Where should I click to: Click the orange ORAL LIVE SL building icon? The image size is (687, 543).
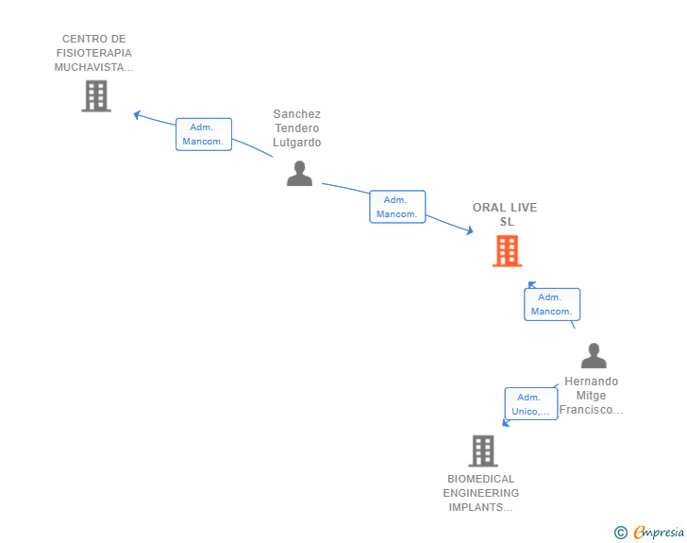pos(507,251)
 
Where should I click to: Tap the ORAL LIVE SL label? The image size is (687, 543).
pos(505,214)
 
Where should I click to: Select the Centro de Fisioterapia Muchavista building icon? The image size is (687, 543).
pos(96,96)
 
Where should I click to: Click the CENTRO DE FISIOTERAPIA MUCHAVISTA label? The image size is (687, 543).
pos(93,53)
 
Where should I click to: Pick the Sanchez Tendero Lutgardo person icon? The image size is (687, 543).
pos(300,173)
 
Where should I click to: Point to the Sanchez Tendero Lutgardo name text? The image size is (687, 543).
pos(296,128)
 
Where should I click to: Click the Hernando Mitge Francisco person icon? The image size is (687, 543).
pos(594,355)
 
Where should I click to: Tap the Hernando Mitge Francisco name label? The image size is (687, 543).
pos(591,395)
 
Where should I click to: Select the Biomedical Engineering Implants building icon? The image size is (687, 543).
pos(483,450)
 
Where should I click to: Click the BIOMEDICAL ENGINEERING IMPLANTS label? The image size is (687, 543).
pos(480,493)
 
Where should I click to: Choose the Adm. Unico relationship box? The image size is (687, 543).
pos(531,404)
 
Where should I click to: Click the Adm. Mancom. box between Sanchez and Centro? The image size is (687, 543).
pos(204,134)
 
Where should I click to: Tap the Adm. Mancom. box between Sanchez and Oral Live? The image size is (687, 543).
pos(397,207)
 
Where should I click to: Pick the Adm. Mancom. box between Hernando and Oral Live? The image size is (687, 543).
pos(552,304)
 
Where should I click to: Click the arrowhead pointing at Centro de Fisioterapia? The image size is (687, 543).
pos(136,115)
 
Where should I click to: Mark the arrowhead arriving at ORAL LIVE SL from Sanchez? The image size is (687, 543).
pos(470,230)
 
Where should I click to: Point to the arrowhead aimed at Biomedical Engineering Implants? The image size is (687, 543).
pos(505,423)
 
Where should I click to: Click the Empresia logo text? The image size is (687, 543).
pos(659,532)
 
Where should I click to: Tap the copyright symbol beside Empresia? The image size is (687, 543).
pos(620,533)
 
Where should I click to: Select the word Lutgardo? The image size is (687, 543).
pos(296,143)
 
